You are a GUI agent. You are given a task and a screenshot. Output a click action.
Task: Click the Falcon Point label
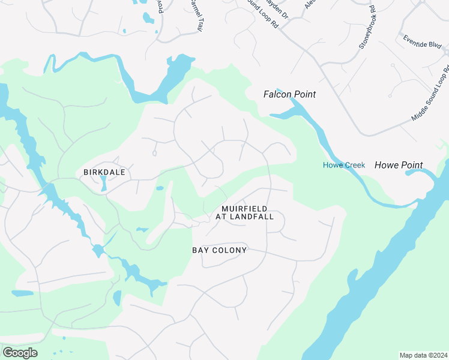pyautogui.click(x=289, y=94)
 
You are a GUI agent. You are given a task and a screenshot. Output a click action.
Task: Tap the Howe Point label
pyautogui.click(x=399, y=165)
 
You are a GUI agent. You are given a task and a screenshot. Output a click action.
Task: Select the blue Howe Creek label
pyautogui.click(x=344, y=165)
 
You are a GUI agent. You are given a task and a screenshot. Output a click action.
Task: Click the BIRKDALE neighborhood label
pyautogui.click(x=104, y=172)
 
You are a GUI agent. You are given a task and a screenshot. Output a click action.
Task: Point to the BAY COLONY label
pyautogui.click(x=219, y=250)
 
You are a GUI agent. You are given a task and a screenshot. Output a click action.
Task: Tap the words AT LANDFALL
pyautogui.click(x=244, y=217)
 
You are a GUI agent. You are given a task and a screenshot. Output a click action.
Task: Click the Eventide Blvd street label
pyautogui.click(x=423, y=42)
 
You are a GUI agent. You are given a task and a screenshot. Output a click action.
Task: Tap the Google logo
pyautogui.click(x=20, y=353)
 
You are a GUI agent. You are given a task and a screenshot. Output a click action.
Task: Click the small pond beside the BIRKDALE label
pyautogui.click(x=104, y=183)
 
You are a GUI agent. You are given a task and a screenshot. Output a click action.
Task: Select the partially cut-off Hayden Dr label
pyautogui.click(x=277, y=9)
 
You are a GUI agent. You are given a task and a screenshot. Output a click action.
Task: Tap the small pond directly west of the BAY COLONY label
pyautogui.click(x=142, y=229)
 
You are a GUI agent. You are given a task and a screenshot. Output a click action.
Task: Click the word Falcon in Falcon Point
pyautogui.click(x=277, y=94)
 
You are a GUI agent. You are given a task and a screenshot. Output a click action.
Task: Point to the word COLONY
pyautogui.click(x=231, y=250)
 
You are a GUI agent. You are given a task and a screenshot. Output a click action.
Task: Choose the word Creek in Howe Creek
pyautogui.click(x=354, y=165)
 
